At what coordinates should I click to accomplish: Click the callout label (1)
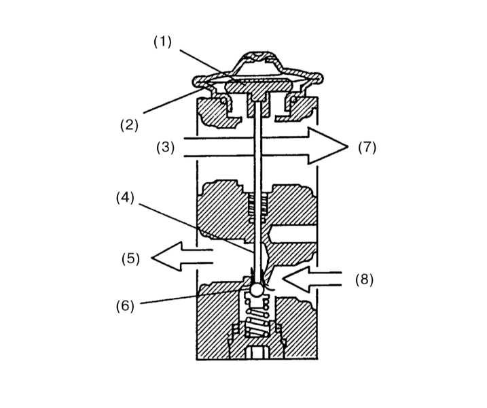(x=162, y=41)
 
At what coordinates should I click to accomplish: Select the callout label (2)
(x=129, y=125)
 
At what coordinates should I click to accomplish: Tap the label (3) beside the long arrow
(x=165, y=147)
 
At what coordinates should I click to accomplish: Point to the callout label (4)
(x=125, y=198)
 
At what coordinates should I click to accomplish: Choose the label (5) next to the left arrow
(x=130, y=258)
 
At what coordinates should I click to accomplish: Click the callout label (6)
(x=125, y=306)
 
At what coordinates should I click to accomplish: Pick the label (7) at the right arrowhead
(x=367, y=147)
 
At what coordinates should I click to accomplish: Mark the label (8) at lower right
(x=364, y=280)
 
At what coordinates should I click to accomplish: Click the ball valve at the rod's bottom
(x=257, y=290)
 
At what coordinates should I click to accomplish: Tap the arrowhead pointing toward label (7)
(x=327, y=146)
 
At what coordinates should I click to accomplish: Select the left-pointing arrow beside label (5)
(x=182, y=256)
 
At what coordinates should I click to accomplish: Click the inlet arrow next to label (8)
(x=312, y=279)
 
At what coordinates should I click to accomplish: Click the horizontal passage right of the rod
(x=293, y=234)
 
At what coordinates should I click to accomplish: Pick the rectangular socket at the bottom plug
(x=257, y=353)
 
